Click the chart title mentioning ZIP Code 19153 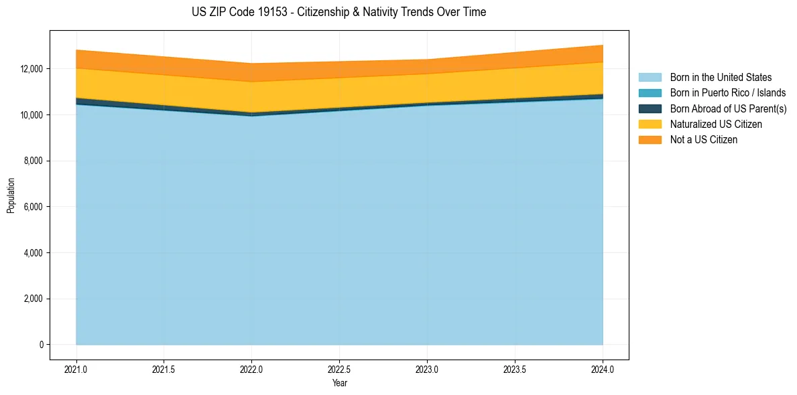[339, 12]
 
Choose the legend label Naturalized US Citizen [716, 125]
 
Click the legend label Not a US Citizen [703, 140]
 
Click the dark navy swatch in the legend [650, 108]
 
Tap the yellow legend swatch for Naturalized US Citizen [650, 125]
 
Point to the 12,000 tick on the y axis [32, 69]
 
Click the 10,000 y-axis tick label [32, 115]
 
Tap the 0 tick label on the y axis [41, 345]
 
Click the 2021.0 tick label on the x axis [76, 369]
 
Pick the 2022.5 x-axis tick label [339, 369]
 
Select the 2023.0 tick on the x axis [427, 369]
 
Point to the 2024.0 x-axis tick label [603, 369]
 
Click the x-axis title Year [339, 383]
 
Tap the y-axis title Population [11, 195]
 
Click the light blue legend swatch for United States [650, 78]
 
